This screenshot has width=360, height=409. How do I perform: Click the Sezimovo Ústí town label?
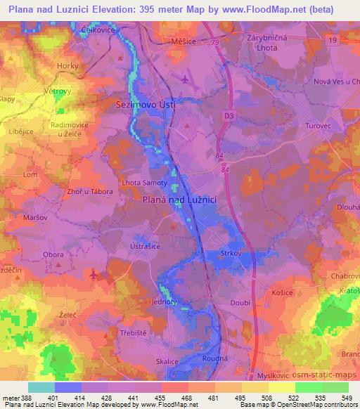[145, 103]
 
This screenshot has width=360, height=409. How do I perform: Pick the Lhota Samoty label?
[146, 183]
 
